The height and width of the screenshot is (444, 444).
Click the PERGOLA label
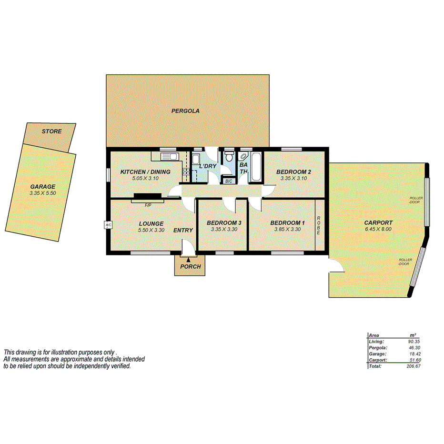[x=185, y=111]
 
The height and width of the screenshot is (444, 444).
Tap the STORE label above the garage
[x=51, y=131]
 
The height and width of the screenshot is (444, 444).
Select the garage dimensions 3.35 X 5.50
[x=43, y=193]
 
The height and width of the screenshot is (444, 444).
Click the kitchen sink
[x=172, y=157]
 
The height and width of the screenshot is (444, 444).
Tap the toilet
[x=229, y=156]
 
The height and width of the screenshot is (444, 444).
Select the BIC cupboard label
[x=228, y=181]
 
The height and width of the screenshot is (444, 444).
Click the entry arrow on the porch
[x=189, y=260]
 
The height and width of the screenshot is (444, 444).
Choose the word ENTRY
[x=183, y=231]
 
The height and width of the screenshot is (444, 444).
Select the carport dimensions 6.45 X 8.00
[x=378, y=229]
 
